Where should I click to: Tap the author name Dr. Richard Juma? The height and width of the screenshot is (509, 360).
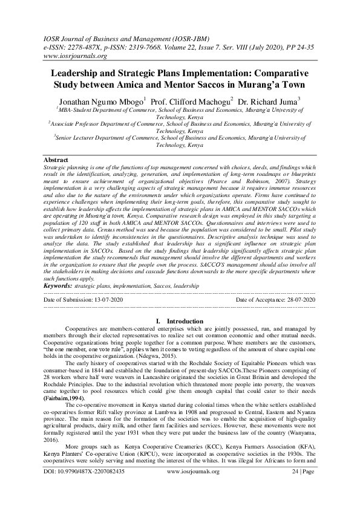(x=267, y=101)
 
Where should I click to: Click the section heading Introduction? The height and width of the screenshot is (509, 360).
(x=185, y=321)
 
